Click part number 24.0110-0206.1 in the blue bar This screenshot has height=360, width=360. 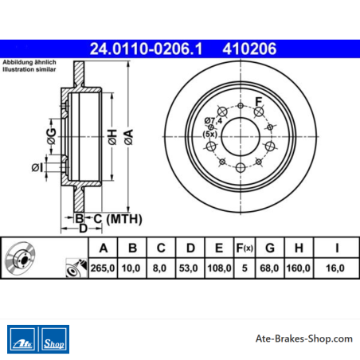pyautogui.click(x=146, y=49)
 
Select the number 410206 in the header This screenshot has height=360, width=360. pyautogui.click(x=249, y=49)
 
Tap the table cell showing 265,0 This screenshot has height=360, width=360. pyautogui.click(x=103, y=268)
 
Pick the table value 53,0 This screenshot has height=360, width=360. pyautogui.click(x=188, y=268)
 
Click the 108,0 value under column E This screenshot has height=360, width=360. pyautogui.click(x=219, y=268)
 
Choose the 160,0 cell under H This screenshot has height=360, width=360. pyautogui.click(x=299, y=268)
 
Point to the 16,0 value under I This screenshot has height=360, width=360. pyautogui.click(x=335, y=268)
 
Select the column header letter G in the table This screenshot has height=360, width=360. pyautogui.click(x=270, y=248)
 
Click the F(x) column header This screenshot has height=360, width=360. pyautogui.click(x=245, y=248)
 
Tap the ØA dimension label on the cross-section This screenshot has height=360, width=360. pyautogui.click(x=129, y=137)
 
